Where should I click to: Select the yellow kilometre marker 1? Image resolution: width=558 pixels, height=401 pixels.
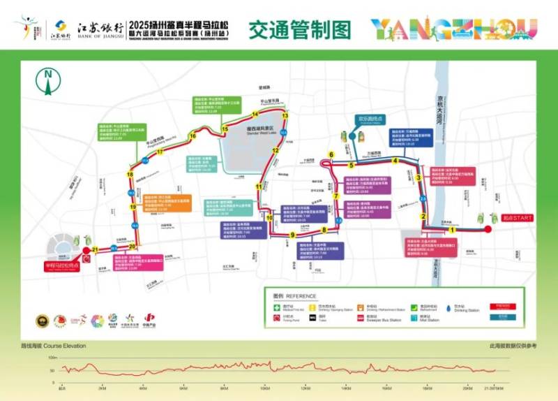[451, 229]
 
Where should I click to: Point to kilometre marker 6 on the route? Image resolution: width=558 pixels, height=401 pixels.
[332, 155]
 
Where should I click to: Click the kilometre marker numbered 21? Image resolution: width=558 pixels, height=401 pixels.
[94, 249]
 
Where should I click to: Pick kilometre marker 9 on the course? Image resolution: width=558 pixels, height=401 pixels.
[292, 235]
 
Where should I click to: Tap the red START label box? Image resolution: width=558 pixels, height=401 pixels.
[516, 217]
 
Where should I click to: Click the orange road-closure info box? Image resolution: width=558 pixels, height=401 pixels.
[172, 203]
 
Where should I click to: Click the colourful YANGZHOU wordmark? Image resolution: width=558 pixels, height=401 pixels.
[453, 29]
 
